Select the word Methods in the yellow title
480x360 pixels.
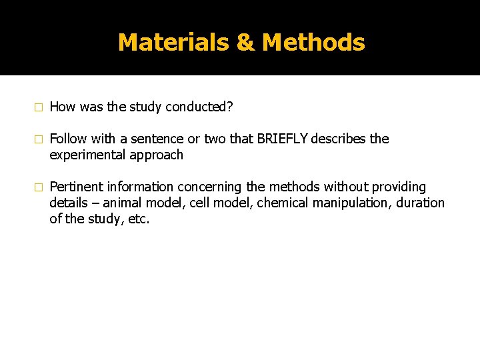point(313,43)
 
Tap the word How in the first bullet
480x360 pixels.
point(63,107)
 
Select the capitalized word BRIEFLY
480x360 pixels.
point(283,139)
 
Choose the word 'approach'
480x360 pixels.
point(156,155)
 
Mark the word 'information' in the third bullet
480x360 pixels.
point(142,187)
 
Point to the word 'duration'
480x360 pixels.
point(418,203)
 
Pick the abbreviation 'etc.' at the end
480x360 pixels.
point(139,219)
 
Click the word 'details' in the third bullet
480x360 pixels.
point(68,203)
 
